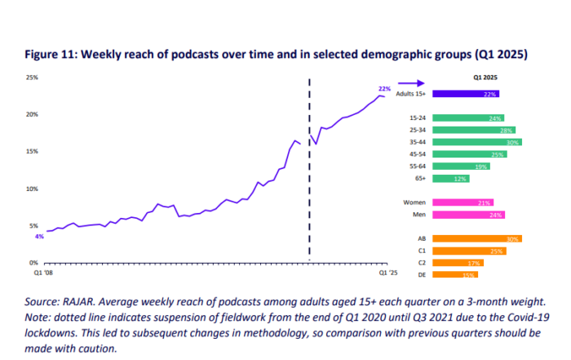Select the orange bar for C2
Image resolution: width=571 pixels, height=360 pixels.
click(x=457, y=263)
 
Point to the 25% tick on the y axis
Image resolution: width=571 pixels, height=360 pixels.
click(x=33, y=78)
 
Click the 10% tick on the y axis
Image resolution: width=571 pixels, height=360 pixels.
click(x=33, y=189)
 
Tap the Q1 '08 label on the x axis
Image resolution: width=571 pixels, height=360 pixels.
click(x=44, y=273)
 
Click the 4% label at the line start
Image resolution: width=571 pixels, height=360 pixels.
click(x=38, y=237)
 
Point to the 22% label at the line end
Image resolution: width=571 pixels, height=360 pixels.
click(x=384, y=88)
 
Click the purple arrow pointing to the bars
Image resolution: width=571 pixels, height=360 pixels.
click(x=417, y=83)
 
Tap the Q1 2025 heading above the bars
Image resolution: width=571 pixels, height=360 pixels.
click(x=486, y=77)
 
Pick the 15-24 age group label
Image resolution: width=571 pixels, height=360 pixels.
click(x=419, y=118)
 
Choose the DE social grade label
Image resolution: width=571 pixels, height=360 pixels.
click(x=423, y=275)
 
